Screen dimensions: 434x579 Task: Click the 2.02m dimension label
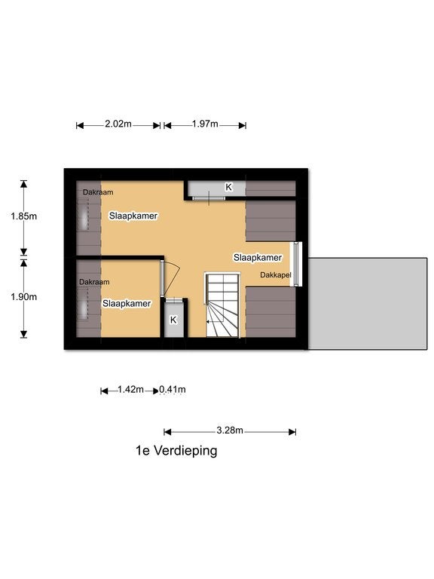118,124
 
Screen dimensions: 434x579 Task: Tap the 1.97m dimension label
205,124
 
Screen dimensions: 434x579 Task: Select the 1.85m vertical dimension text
23,216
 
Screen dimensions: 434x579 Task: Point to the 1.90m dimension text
23,297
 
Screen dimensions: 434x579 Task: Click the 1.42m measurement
130,390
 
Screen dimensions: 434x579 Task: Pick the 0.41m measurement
173,390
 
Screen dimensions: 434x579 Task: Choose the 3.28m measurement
230,430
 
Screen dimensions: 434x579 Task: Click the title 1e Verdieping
176,451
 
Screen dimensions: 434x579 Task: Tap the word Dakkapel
276,274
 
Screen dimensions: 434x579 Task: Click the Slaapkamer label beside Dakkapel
258,257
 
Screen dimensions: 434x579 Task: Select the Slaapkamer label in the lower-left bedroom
127,304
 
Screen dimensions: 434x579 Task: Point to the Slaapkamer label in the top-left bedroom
133,216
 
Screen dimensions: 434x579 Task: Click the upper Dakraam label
98,192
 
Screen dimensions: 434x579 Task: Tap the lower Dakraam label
94,282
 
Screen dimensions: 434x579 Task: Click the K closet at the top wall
216,188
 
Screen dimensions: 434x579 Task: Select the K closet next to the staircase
173,320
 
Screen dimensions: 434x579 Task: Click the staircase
222,305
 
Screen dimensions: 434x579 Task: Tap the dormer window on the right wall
298,264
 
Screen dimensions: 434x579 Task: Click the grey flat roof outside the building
368,304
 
